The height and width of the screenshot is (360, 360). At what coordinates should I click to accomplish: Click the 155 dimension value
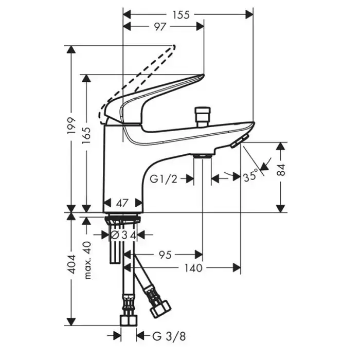point(181,15)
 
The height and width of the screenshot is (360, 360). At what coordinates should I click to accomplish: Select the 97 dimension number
point(160,27)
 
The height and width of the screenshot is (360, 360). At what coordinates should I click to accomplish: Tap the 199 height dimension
point(71,127)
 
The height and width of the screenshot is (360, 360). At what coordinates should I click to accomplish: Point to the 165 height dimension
point(87,135)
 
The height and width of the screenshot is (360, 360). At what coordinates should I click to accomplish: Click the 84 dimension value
point(281,170)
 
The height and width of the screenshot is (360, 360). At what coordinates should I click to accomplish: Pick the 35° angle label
point(250,176)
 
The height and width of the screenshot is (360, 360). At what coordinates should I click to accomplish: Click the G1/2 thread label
point(164,179)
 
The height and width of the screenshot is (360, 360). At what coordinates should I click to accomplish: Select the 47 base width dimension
point(122,203)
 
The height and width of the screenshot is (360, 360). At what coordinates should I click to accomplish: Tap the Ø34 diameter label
point(124,235)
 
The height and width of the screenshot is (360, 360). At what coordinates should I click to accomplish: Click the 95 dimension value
point(166,255)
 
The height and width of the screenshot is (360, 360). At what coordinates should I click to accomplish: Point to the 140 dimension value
point(194,268)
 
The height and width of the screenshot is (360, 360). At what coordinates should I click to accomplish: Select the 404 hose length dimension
point(72,264)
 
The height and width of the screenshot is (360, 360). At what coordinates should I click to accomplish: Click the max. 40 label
point(87,260)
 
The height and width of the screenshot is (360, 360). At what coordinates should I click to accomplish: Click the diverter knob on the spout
point(202,113)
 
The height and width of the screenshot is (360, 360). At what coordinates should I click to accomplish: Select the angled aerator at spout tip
point(240,141)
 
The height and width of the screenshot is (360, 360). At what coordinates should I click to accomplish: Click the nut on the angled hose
point(160,310)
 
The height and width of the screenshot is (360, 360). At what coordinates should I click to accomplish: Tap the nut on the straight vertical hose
point(129,320)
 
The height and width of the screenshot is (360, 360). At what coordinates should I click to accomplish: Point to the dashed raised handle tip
point(174,47)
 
